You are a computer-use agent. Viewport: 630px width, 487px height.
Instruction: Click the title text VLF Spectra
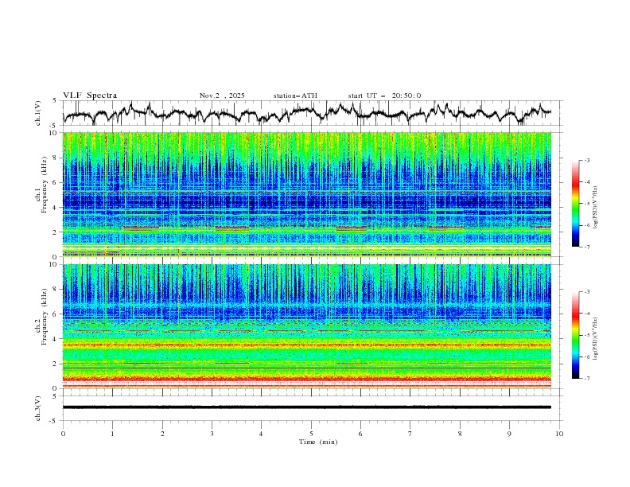click(90, 95)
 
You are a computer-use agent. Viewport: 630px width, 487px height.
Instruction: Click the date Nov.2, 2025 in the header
click(222, 95)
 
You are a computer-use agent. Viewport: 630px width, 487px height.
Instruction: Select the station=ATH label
click(295, 95)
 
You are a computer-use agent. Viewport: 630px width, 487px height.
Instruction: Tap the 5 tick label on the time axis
click(311, 434)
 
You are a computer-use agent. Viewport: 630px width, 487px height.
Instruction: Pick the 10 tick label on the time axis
click(559, 434)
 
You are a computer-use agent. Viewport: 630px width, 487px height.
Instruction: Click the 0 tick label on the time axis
click(63, 434)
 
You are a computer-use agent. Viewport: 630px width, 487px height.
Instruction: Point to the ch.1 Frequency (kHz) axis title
click(40, 194)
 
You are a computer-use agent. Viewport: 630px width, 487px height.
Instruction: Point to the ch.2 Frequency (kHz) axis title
click(40, 325)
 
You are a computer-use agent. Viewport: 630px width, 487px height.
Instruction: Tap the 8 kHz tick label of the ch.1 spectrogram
click(54, 158)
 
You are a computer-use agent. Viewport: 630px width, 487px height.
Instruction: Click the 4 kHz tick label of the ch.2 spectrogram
click(54, 339)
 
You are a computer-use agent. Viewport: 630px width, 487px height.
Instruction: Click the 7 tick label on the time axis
click(410, 434)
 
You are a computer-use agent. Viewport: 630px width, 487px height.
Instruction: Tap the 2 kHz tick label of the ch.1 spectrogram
click(54, 232)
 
